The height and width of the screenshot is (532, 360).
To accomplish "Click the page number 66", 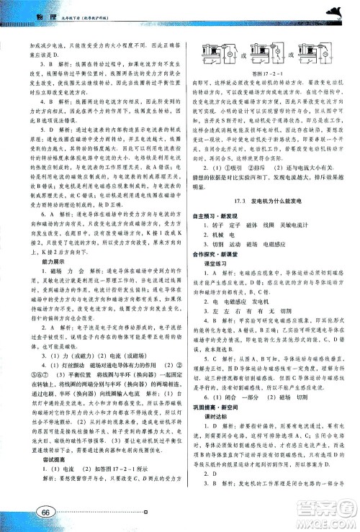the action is coord(44,512).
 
